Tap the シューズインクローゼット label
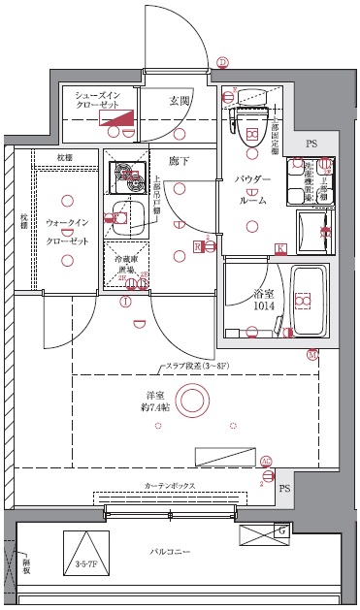click(x=96, y=99)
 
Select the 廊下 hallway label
click(x=179, y=160)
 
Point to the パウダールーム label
click(x=253, y=188)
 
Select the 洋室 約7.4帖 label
click(x=154, y=401)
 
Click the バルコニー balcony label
click(x=170, y=552)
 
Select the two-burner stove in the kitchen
click(x=127, y=173)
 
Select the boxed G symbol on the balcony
click(x=281, y=530)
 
